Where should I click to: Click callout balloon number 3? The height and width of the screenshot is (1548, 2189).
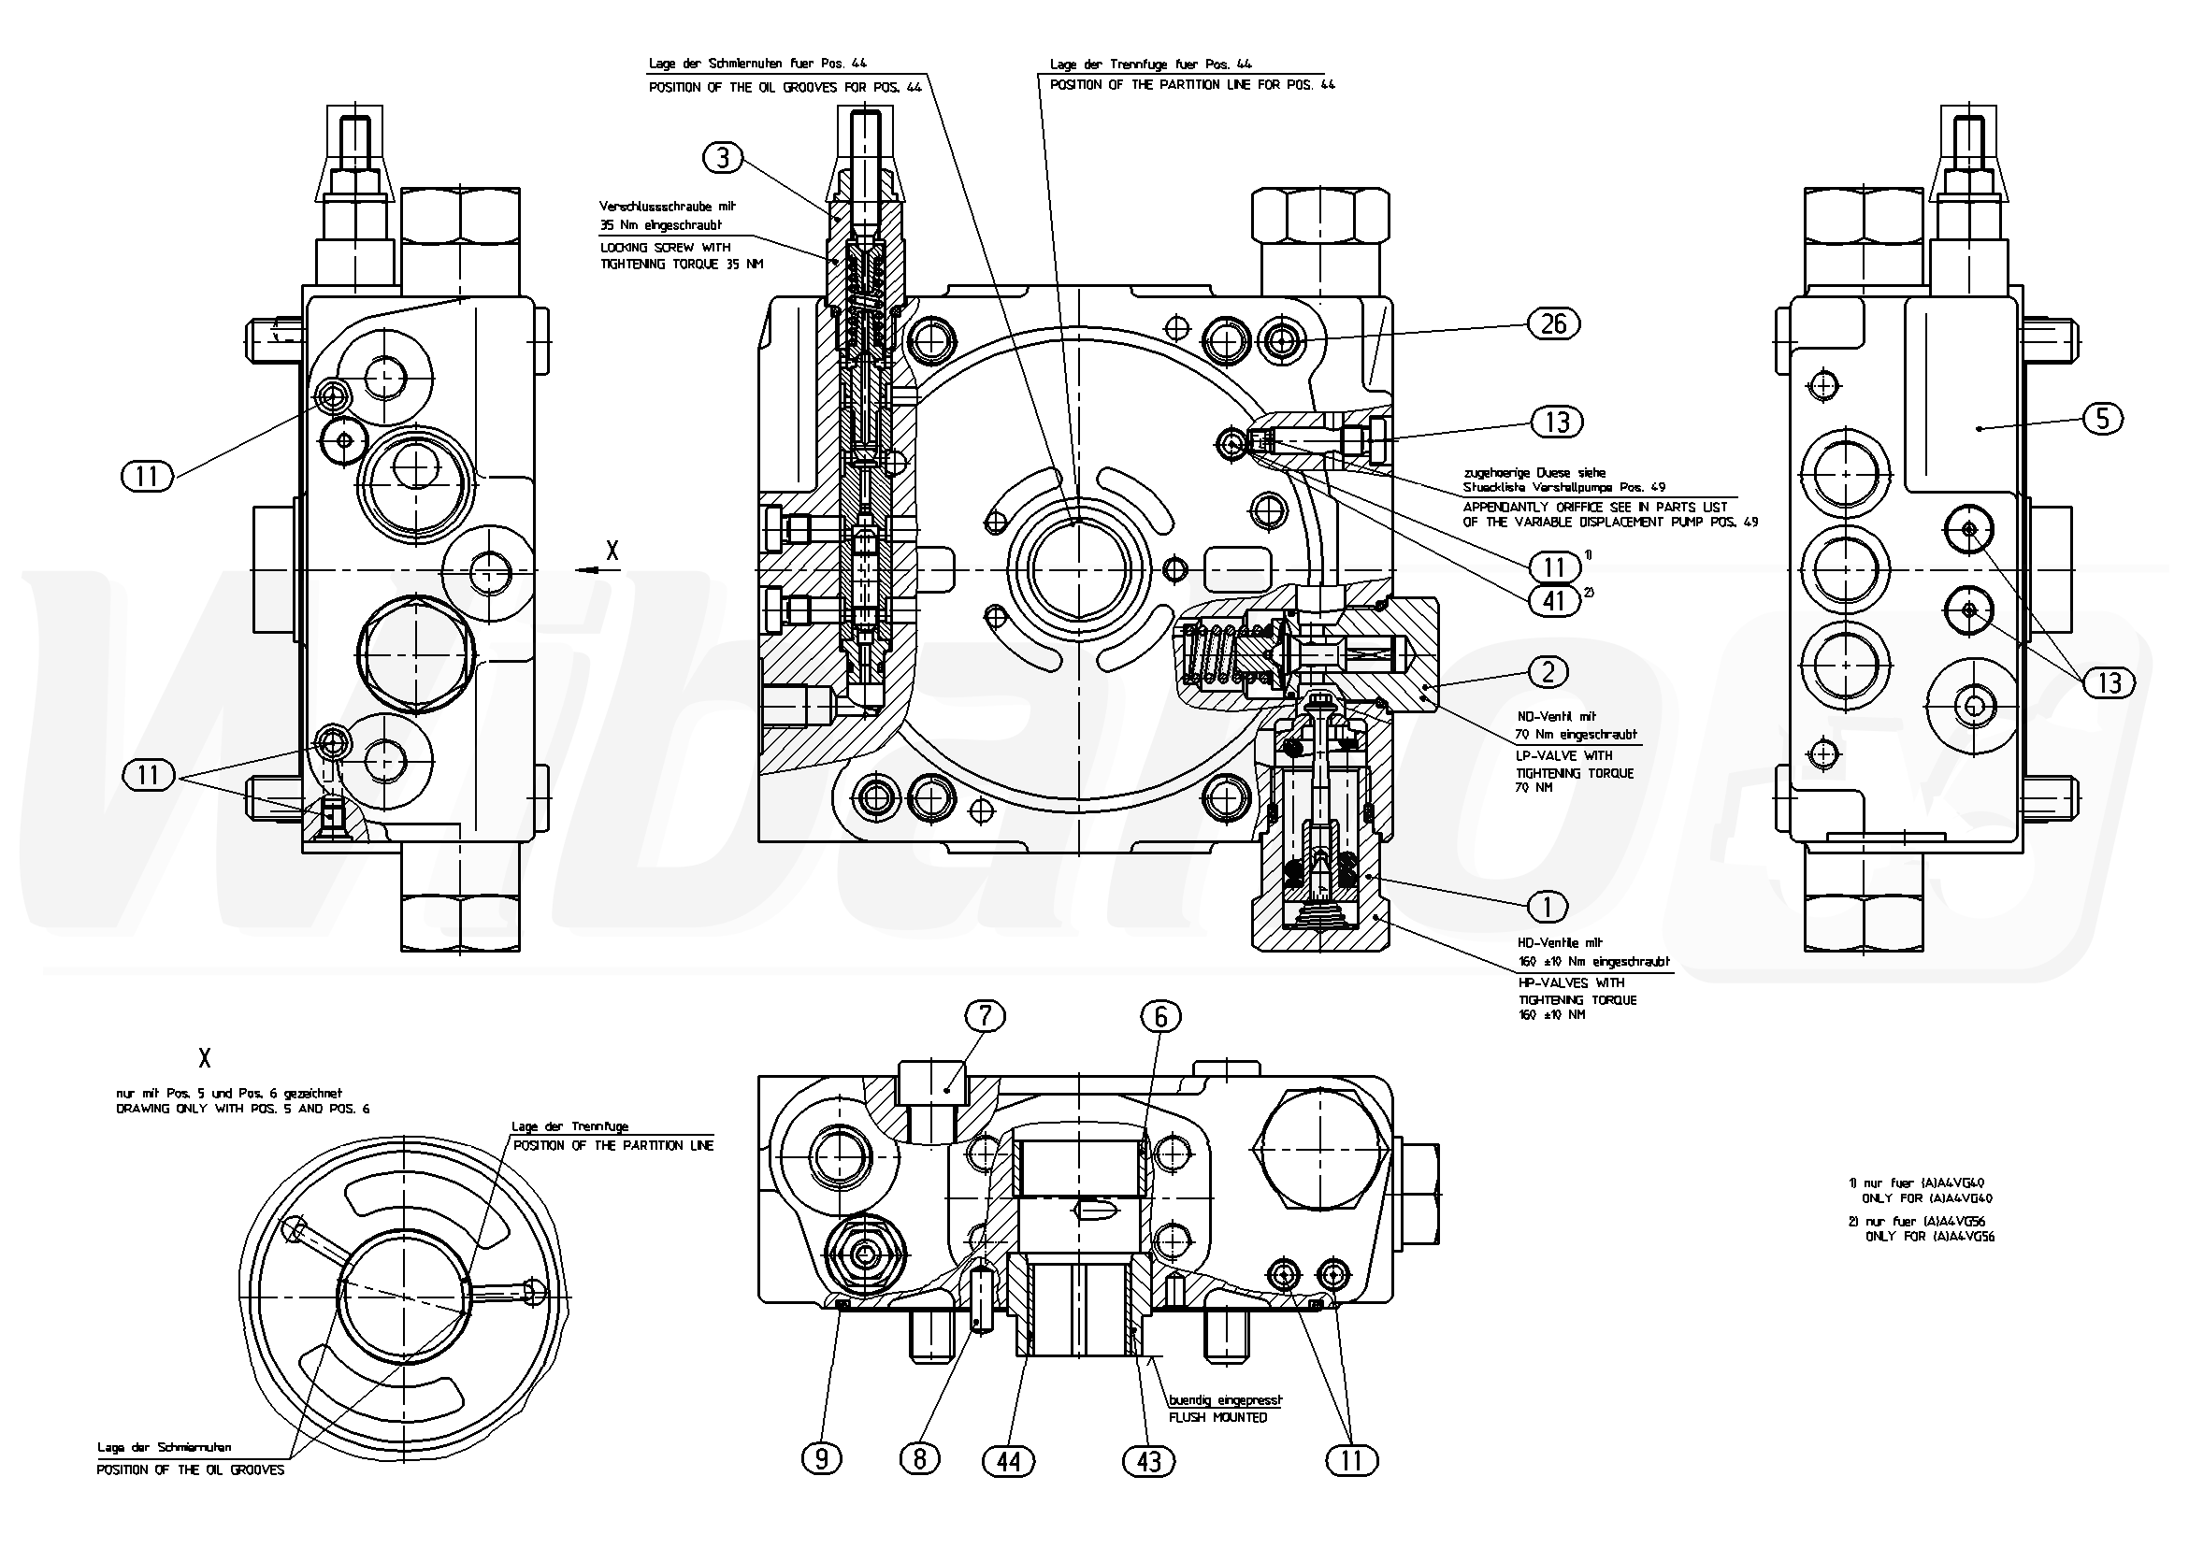click(x=723, y=157)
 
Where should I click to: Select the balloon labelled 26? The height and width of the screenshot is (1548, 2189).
click(x=1553, y=324)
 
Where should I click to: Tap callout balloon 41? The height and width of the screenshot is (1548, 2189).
click(x=1554, y=600)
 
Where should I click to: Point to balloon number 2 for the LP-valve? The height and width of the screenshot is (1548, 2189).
click(x=1548, y=672)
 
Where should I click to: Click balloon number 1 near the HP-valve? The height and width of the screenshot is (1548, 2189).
click(x=1548, y=906)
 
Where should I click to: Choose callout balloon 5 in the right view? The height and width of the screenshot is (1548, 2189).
click(x=2102, y=418)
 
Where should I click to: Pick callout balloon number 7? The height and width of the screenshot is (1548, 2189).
click(x=985, y=1016)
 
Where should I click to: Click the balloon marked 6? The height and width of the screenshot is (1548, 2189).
click(x=1160, y=1017)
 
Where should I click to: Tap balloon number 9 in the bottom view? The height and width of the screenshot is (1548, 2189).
click(x=822, y=1459)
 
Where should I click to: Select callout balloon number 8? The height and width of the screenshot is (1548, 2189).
click(x=919, y=1459)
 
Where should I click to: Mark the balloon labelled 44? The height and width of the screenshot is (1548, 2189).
click(x=1009, y=1460)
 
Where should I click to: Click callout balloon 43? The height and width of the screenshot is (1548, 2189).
click(x=1149, y=1460)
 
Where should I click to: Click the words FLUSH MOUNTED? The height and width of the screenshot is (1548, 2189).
click(x=1217, y=1417)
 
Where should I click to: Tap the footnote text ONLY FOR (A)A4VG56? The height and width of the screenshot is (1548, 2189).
click(x=1929, y=1238)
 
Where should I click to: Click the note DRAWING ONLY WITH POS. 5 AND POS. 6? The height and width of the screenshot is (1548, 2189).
click(x=242, y=1109)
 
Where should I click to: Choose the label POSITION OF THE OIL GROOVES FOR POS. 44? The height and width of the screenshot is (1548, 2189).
click(x=785, y=87)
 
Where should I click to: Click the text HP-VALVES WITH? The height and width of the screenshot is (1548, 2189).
click(x=1570, y=982)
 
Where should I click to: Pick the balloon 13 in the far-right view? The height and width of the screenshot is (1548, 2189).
click(x=2109, y=681)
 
